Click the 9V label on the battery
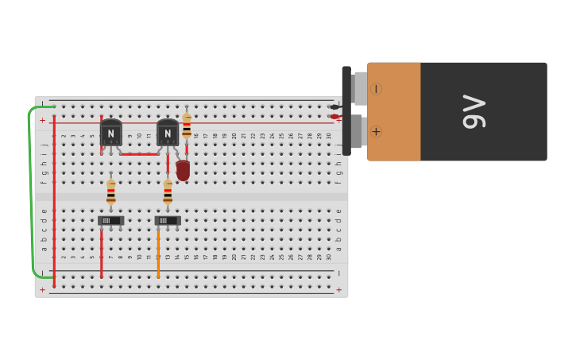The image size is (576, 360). [474, 111]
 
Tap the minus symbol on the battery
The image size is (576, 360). [376, 89]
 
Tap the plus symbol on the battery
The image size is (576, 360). [376, 131]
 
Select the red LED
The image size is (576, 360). [183, 170]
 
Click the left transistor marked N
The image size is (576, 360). [111, 133]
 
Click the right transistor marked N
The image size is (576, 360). [168, 133]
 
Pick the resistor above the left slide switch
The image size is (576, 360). [111, 192]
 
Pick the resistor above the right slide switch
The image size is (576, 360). [168, 192]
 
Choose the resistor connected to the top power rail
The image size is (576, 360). [187, 125]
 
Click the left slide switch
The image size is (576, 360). [110, 220]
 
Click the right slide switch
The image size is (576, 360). [168, 220]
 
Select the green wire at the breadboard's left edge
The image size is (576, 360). [31, 191]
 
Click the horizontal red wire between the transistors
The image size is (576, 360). [139, 154]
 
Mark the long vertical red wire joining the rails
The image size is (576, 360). [54, 199]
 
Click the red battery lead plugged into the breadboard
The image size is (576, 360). [334, 117]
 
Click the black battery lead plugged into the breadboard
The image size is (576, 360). [334, 106]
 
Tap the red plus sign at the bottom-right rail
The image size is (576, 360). [338, 290]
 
